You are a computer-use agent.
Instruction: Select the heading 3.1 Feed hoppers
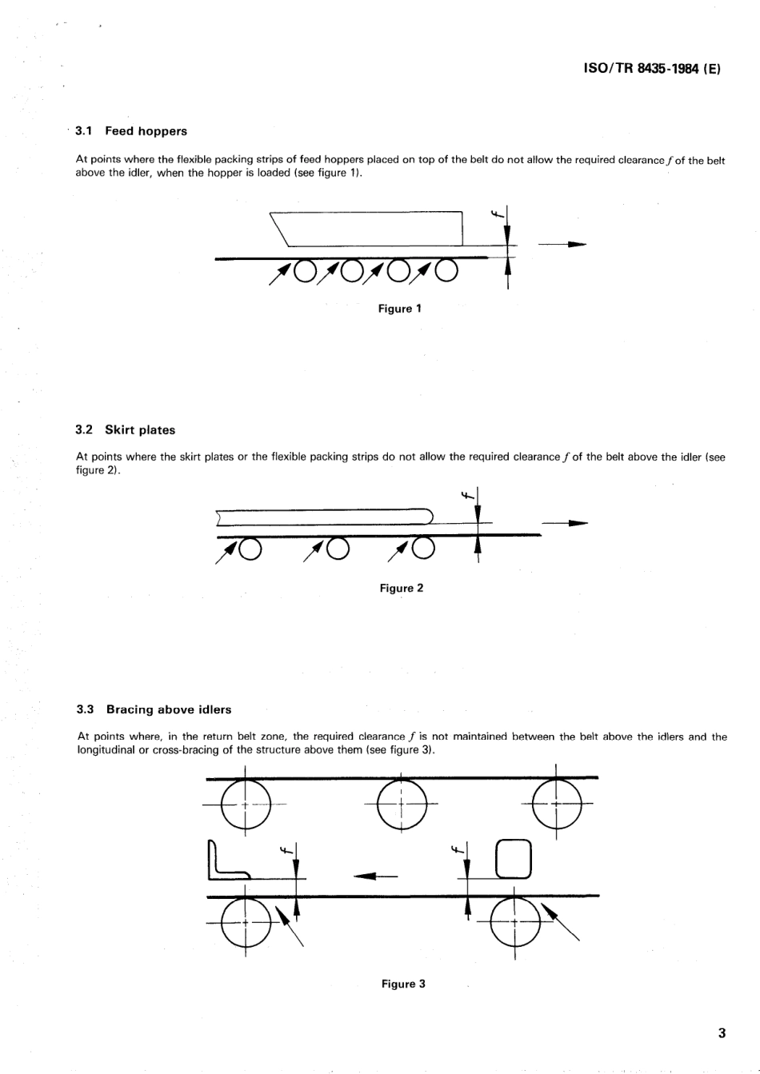[x=131, y=131]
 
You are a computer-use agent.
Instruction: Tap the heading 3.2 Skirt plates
[x=125, y=430]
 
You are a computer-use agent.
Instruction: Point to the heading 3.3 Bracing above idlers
[x=154, y=709]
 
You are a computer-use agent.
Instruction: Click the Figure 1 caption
[x=400, y=309]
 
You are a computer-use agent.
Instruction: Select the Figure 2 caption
[x=402, y=589]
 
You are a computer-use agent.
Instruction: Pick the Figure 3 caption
[x=403, y=984]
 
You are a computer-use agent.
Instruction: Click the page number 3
[x=722, y=1033]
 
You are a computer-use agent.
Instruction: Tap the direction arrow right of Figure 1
[x=563, y=244]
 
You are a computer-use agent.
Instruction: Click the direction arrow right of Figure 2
[x=565, y=524]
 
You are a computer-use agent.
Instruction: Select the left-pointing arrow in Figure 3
[x=375, y=876]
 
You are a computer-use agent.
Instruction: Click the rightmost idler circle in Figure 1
[x=446, y=272]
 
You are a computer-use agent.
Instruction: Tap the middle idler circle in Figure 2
[x=338, y=548]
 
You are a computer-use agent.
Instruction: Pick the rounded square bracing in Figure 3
[x=514, y=859]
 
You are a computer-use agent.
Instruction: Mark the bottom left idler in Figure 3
[x=246, y=922]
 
